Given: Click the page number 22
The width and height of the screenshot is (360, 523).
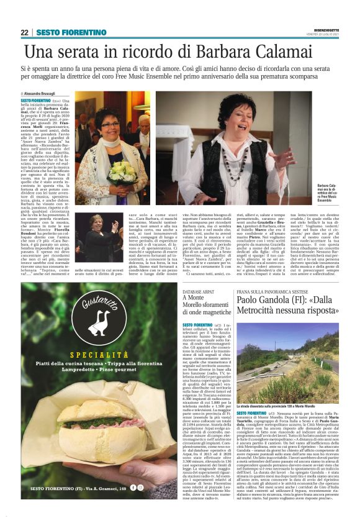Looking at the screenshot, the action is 25,32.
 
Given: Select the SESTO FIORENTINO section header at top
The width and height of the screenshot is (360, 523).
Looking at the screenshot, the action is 63,32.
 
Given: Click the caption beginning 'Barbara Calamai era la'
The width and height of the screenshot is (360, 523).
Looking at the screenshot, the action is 328,192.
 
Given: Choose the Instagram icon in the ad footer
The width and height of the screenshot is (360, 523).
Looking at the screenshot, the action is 159,487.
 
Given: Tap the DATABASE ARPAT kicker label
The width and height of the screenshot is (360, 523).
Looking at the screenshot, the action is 201,291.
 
